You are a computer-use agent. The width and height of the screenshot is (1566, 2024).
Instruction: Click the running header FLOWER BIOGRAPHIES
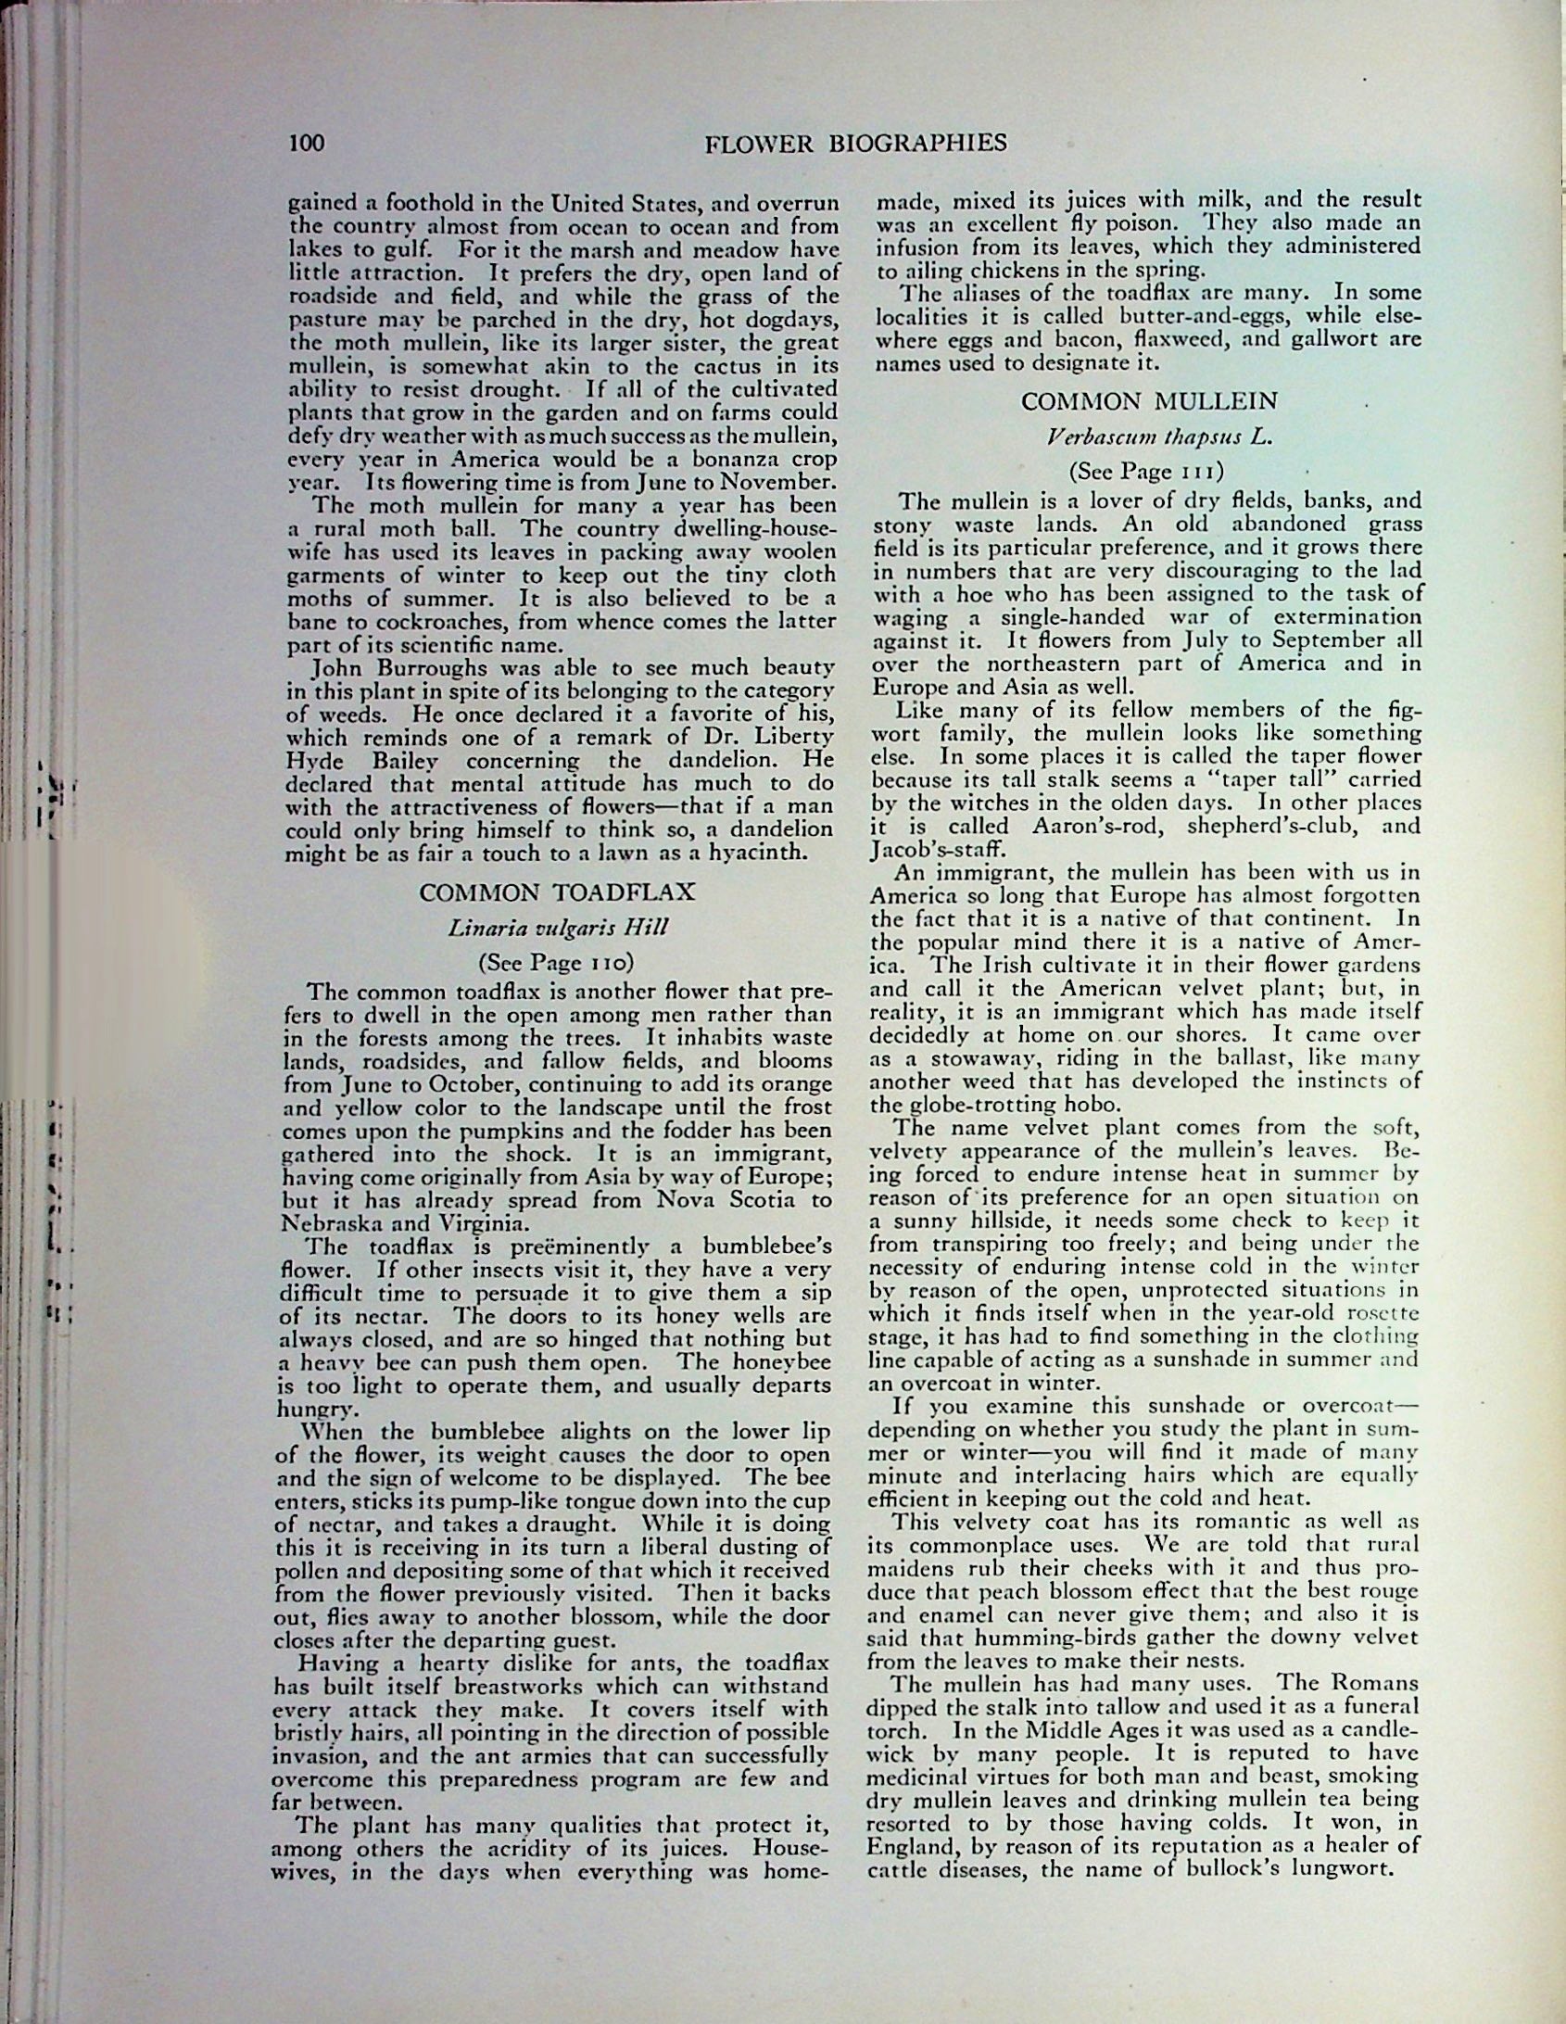click(855, 143)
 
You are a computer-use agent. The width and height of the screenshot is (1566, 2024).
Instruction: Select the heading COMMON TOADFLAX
click(558, 892)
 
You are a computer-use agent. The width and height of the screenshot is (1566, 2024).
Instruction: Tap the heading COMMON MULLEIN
click(1149, 401)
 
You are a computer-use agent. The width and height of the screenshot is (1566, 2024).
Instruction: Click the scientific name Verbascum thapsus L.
click(1150, 437)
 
